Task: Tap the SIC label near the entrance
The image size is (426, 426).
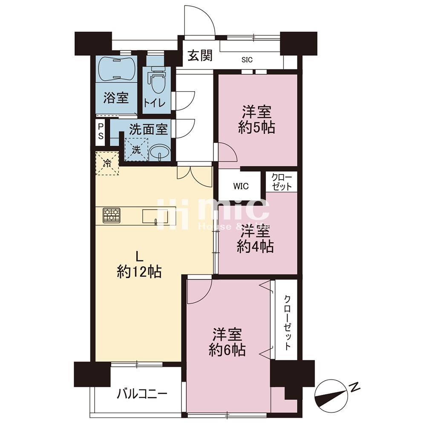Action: [247, 60]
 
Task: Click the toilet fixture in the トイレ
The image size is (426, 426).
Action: [157, 82]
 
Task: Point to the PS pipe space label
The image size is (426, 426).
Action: [101, 131]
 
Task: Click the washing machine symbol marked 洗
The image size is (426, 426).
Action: [136, 150]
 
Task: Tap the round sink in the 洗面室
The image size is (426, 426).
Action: [161, 151]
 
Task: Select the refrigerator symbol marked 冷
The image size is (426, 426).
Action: [107, 163]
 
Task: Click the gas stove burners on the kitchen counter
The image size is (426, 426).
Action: [112, 215]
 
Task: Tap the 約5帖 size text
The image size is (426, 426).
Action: [256, 127]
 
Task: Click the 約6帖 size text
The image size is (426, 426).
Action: [227, 350]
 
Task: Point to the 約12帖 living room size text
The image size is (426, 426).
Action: [139, 272]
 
